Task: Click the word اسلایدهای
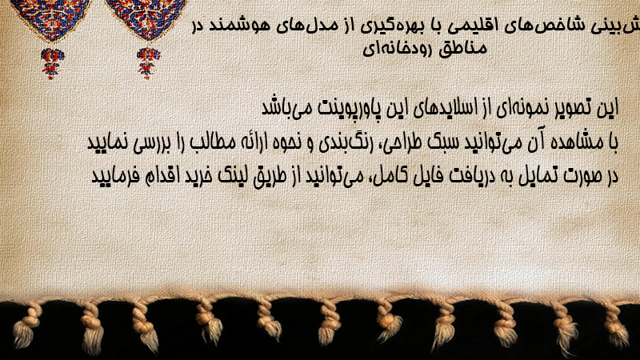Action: tap(441, 109)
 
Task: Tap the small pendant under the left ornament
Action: tap(52, 63)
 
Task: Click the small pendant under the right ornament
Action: tap(147, 63)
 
